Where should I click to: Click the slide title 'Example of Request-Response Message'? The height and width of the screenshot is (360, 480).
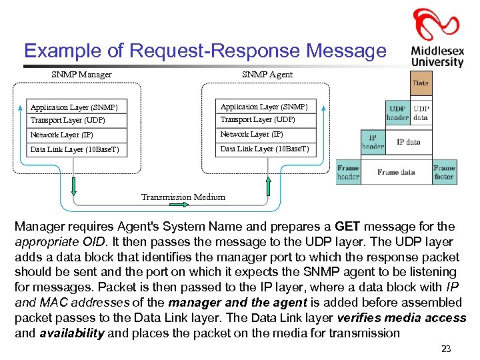click(205, 51)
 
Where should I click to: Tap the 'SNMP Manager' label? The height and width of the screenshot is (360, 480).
click(81, 75)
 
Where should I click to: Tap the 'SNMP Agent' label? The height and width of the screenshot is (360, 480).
click(267, 75)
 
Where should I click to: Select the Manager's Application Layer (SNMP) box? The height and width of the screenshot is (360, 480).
click(75, 107)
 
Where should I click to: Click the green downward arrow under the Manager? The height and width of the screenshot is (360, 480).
click(74, 185)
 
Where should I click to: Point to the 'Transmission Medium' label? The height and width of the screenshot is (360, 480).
click(183, 197)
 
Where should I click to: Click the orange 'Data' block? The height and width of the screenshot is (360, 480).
click(421, 84)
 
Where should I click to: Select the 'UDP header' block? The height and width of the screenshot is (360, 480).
click(397, 113)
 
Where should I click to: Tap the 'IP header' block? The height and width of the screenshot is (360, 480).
click(373, 142)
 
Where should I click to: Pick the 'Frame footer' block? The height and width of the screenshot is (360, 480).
click(443, 172)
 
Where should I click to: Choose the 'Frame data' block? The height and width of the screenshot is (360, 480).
click(396, 172)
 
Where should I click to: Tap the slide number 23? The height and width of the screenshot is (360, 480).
click(446, 349)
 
